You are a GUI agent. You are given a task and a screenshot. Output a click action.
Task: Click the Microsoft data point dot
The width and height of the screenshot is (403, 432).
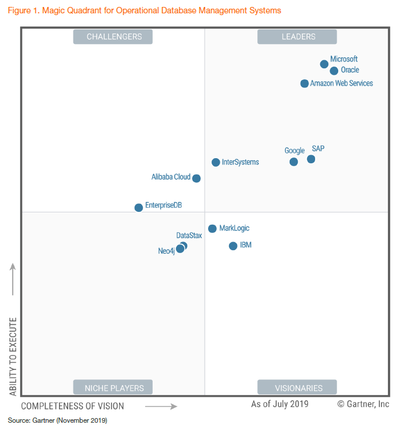click(324, 64)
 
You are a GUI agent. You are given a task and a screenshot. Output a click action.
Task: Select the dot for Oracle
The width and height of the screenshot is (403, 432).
click(334, 71)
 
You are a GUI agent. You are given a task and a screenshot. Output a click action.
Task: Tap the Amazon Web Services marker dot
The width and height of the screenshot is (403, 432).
click(305, 83)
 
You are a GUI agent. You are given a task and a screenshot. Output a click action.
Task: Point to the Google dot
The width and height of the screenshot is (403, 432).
click(294, 162)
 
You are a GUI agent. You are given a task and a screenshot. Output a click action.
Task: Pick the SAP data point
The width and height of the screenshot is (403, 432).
click(311, 159)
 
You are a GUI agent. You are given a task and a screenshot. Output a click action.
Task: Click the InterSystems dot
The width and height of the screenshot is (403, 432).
click(216, 163)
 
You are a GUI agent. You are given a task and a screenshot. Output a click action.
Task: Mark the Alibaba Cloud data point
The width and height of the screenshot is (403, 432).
click(197, 178)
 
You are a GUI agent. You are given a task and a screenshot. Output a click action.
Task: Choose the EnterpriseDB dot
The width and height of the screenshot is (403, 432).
click(139, 207)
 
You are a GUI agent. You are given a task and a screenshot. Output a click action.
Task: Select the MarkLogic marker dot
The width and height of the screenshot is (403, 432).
click(212, 229)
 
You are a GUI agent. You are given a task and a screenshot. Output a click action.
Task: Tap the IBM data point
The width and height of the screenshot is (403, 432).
click(233, 246)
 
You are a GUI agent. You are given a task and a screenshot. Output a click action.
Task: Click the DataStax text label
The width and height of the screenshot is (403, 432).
click(189, 236)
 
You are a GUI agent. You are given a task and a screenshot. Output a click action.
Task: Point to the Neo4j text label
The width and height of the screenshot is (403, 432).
click(166, 251)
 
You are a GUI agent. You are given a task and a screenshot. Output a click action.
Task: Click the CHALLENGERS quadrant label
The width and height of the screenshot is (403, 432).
click(114, 36)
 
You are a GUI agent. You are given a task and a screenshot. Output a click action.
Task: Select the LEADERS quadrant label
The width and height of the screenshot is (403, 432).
click(298, 36)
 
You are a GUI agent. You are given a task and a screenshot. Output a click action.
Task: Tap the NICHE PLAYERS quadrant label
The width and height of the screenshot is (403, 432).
click(114, 388)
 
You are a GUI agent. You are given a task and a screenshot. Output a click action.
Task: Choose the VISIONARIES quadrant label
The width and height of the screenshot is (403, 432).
click(298, 388)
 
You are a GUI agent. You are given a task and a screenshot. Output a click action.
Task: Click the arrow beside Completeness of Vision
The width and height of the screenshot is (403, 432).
click(161, 407)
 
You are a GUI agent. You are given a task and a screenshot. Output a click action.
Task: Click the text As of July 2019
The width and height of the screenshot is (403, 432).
click(280, 404)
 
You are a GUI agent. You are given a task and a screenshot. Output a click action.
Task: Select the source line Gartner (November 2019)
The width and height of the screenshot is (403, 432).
click(58, 420)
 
